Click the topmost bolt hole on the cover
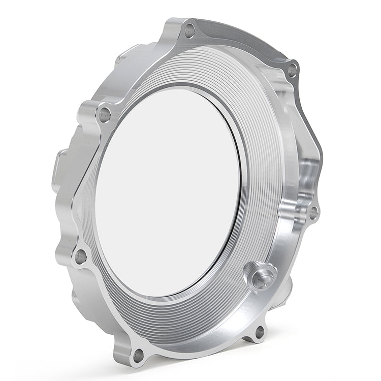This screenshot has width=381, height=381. click(189, 30)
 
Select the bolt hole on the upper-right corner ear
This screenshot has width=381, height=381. click(293, 70)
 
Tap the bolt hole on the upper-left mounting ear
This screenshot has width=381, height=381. click(105, 114)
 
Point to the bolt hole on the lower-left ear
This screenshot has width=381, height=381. click(81, 256)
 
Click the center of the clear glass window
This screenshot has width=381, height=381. click(168, 193)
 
